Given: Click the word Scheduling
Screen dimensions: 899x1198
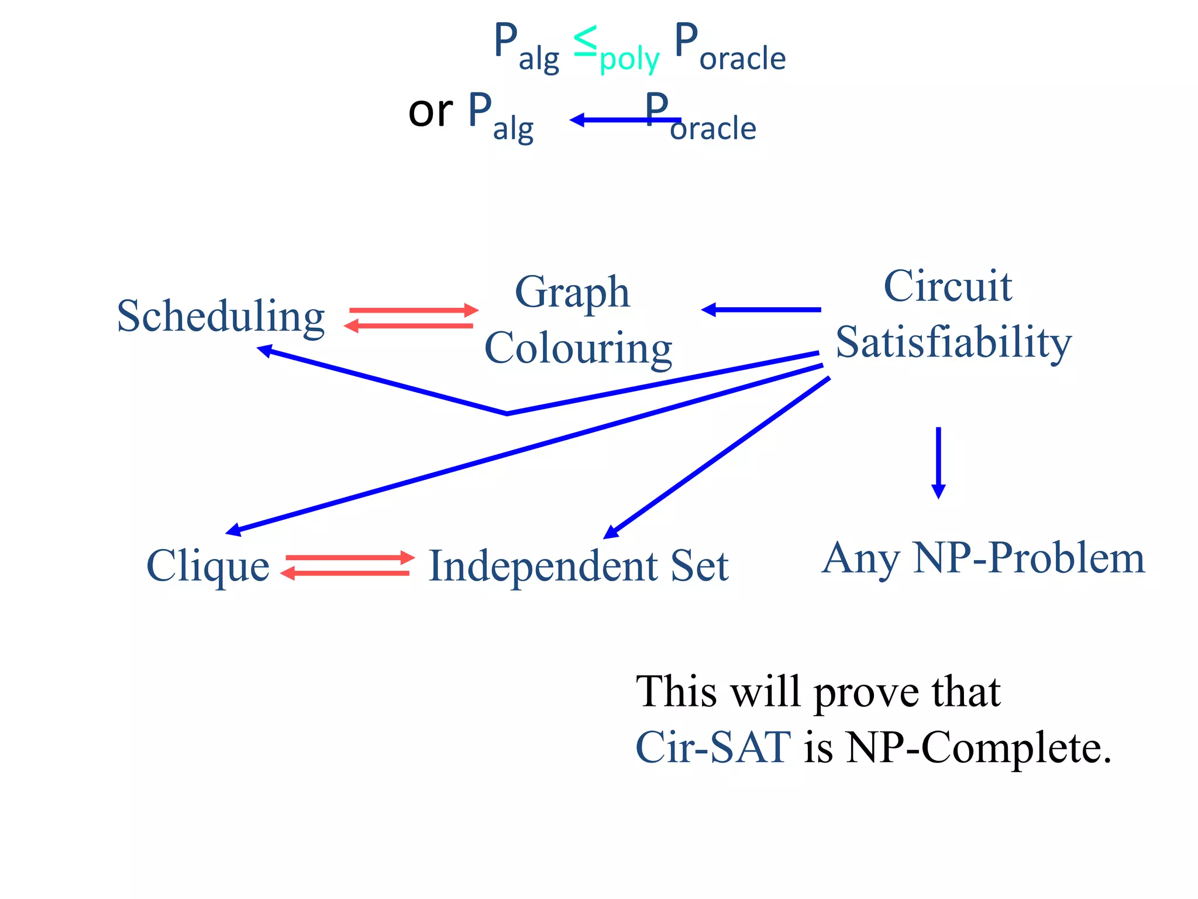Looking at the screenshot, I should click(221, 317).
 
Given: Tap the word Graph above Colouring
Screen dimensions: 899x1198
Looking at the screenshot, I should click(572, 292).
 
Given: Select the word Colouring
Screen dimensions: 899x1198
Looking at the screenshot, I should click(578, 348).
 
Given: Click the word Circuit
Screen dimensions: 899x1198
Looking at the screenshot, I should click(948, 286).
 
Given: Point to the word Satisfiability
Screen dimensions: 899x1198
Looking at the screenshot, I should click(953, 342).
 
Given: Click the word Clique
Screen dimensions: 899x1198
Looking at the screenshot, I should click(208, 566).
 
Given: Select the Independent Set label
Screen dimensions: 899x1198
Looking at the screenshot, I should click(579, 566).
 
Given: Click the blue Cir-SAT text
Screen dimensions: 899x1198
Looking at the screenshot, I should click(713, 747).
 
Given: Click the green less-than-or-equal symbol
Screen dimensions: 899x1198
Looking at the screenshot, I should click(586, 42).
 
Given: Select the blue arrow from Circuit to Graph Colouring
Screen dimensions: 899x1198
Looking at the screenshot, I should click(760, 310).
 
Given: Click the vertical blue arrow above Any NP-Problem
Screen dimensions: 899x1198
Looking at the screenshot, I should click(938, 462).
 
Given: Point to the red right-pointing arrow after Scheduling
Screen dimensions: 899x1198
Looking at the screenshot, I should click(414, 310).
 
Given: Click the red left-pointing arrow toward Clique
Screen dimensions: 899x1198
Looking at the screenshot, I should click(345, 574).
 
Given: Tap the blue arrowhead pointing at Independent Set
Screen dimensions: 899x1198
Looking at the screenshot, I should click(611, 531).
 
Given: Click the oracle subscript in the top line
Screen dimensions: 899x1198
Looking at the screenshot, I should click(742, 59).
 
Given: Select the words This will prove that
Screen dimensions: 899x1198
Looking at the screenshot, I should click(818, 692).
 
